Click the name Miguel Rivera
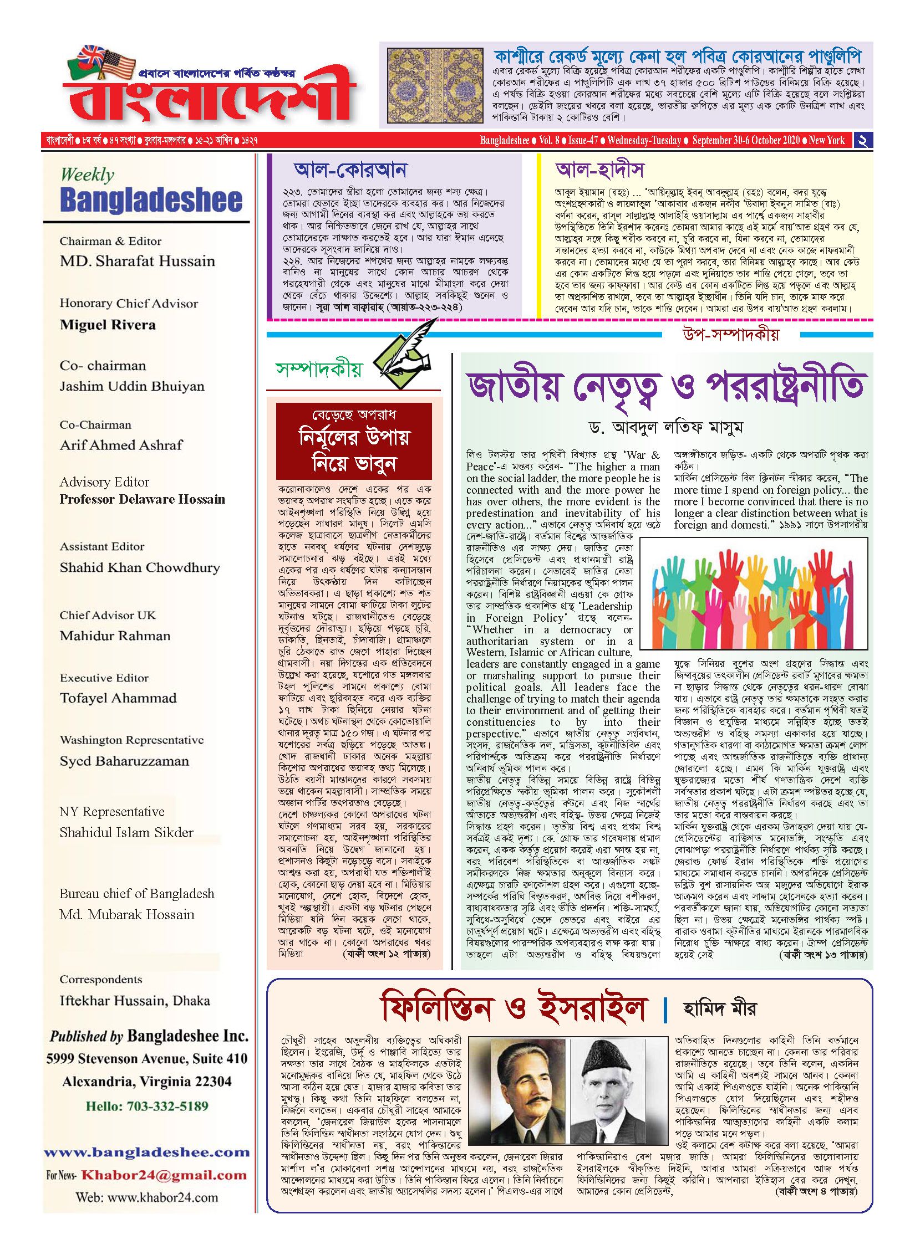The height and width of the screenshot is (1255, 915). pos(108,325)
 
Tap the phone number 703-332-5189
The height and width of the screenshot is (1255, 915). pos(167,1107)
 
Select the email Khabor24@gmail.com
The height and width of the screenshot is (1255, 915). pos(164,1175)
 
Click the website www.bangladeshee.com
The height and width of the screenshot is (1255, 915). pos(147,1152)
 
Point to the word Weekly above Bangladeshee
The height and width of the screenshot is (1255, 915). pos(88,175)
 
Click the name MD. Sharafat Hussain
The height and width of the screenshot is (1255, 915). pos(137,261)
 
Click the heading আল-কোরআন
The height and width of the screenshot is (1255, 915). pos(350,170)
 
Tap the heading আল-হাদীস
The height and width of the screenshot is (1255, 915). pos(599,170)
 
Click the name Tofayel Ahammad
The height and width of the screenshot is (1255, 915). pos(118,698)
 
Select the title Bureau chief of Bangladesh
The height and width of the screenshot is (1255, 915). pos(136,894)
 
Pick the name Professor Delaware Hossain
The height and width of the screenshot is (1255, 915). pos(143,499)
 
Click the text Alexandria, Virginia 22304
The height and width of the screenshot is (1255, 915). pos(147,1082)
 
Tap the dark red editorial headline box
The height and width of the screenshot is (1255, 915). pos(354,441)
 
